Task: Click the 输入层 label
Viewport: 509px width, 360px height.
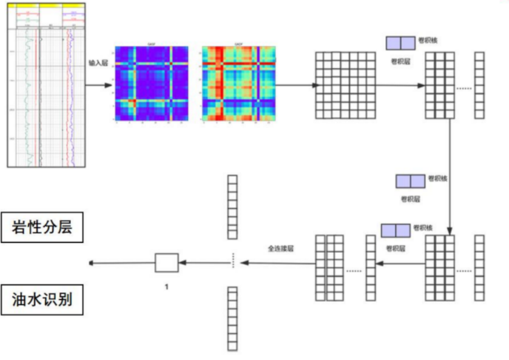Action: [98, 62]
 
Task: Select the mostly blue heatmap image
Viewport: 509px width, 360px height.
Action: [151, 84]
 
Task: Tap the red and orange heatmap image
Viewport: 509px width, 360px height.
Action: [239, 84]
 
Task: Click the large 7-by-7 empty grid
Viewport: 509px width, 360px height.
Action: [345, 85]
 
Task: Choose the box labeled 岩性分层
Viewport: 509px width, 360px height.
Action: [42, 227]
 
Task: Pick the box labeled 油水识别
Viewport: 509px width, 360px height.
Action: [42, 299]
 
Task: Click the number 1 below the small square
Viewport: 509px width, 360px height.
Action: [167, 287]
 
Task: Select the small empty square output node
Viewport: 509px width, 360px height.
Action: [167, 262]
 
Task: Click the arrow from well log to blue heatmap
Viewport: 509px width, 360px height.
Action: [98, 85]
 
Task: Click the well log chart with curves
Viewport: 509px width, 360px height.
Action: [46, 84]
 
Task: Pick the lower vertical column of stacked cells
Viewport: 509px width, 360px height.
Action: [232, 318]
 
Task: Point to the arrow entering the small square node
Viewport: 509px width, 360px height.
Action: [202, 262]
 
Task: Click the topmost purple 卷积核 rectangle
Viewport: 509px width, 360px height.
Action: [400, 43]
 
